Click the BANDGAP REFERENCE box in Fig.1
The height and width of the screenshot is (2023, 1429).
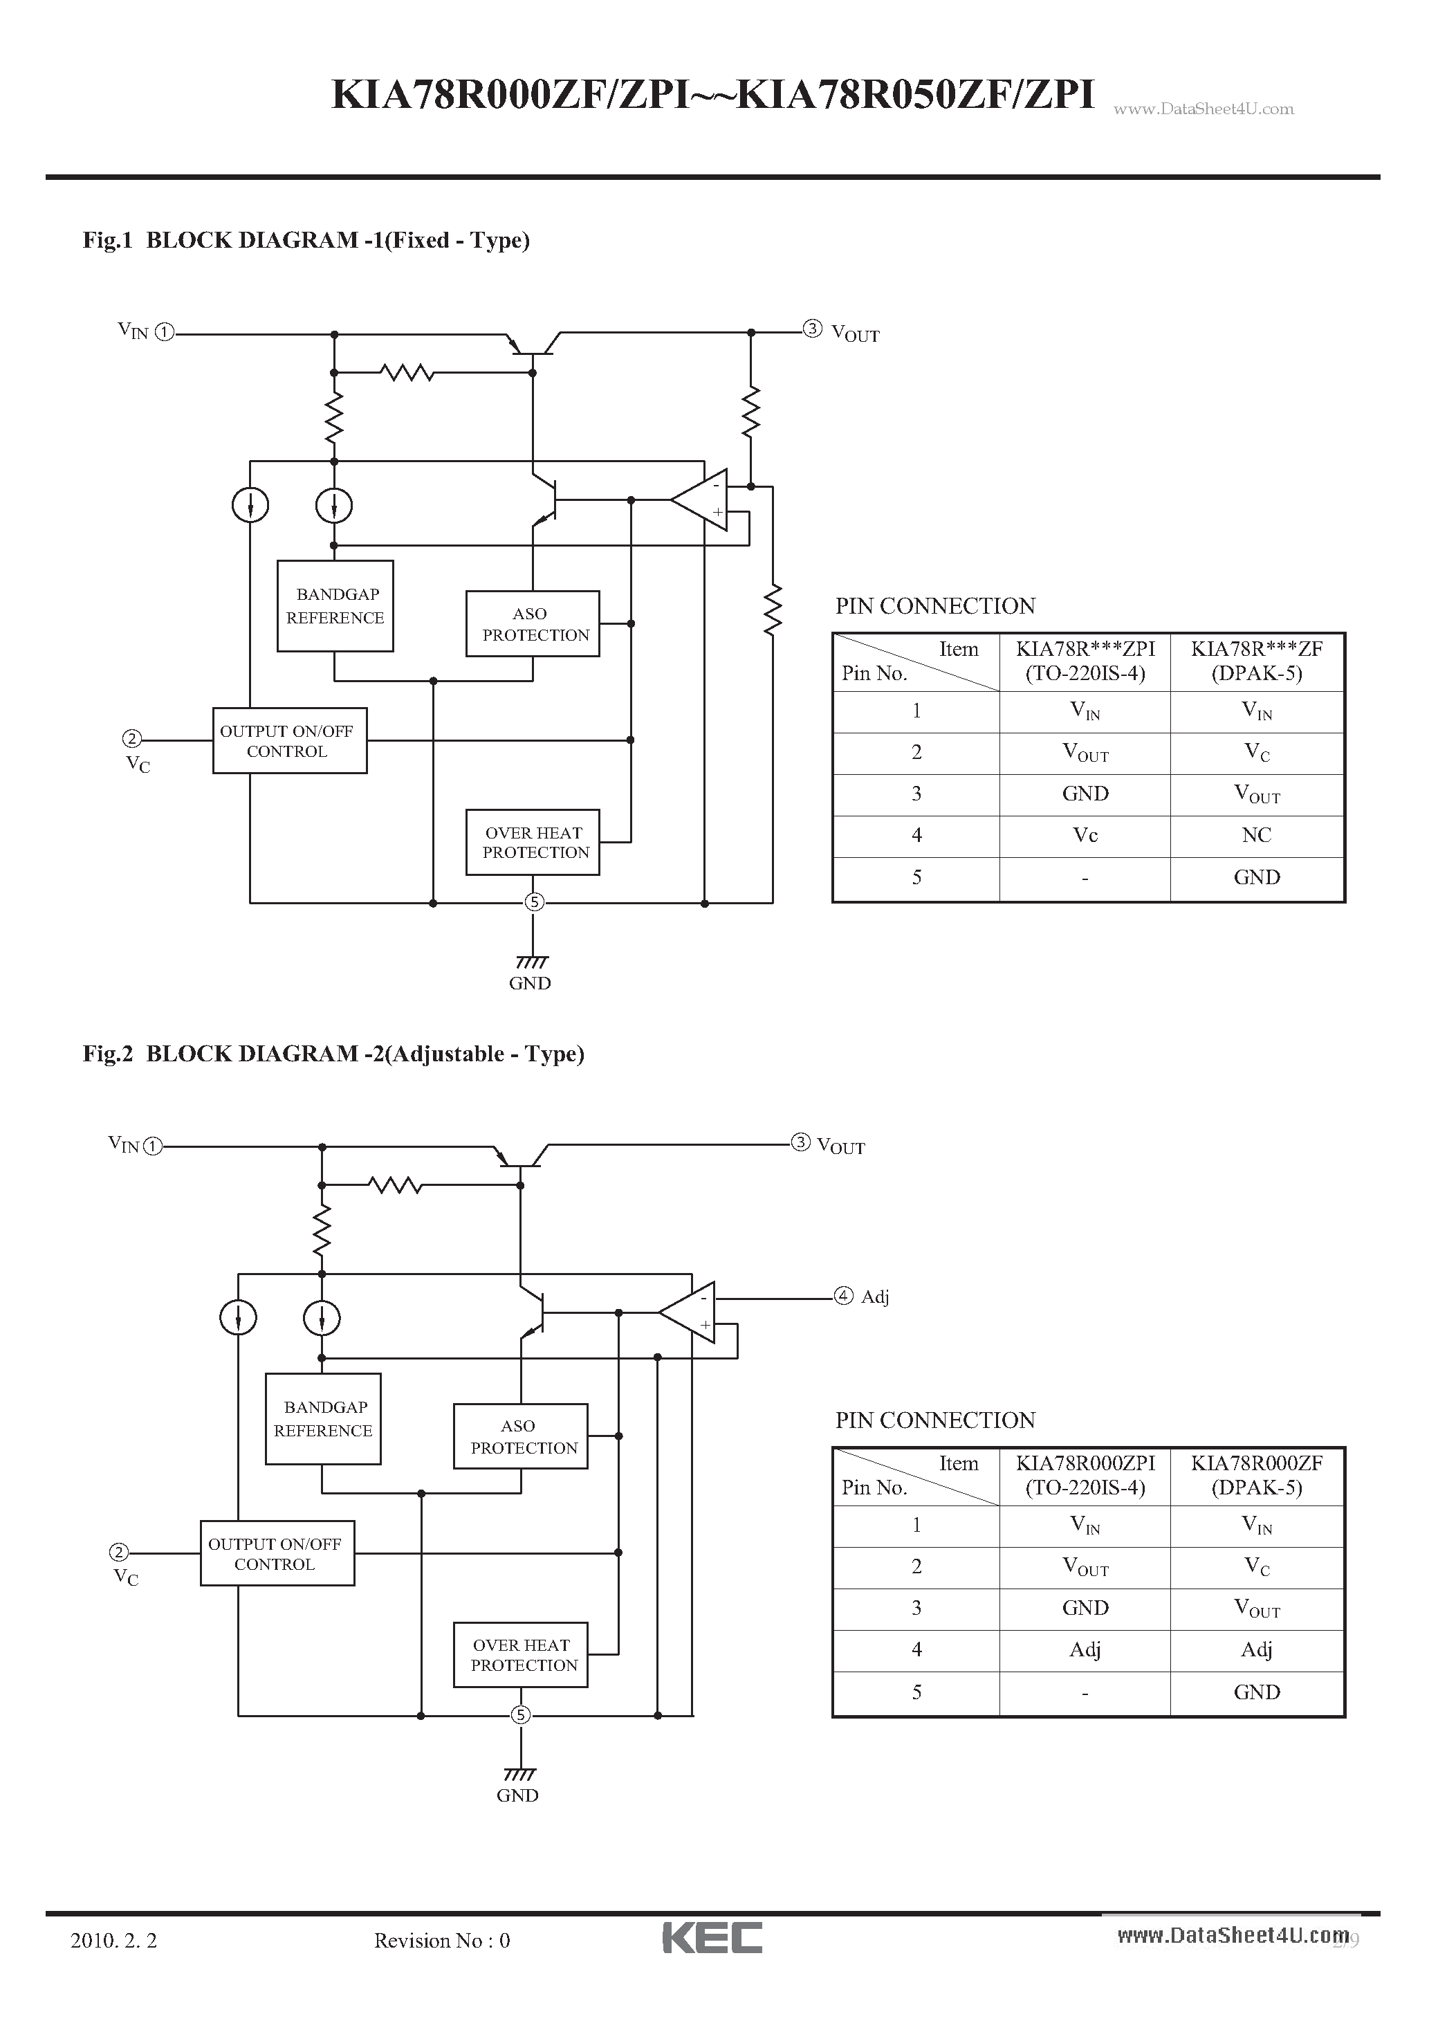(x=335, y=606)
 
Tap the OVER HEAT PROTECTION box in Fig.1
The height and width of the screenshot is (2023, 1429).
(x=532, y=842)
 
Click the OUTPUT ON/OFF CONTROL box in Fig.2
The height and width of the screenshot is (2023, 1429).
(x=277, y=1553)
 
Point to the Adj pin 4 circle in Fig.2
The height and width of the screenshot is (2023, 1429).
(x=843, y=1295)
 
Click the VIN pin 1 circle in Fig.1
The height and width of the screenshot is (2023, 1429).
(x=165, y=332)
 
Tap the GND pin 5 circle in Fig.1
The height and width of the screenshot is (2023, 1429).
(x=534, y=901)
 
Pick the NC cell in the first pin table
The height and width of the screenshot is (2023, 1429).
(x=1256, y=835)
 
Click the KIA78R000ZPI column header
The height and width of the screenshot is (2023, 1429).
(x=1085, y=1475)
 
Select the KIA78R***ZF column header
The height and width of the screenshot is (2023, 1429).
(x=1256, y=661)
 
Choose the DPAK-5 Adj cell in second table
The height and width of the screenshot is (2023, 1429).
(x=1256, y=1649)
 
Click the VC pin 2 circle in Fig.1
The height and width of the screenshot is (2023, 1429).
(x=131, y=738)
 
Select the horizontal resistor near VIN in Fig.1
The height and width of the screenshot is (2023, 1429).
(x=407, y=373)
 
